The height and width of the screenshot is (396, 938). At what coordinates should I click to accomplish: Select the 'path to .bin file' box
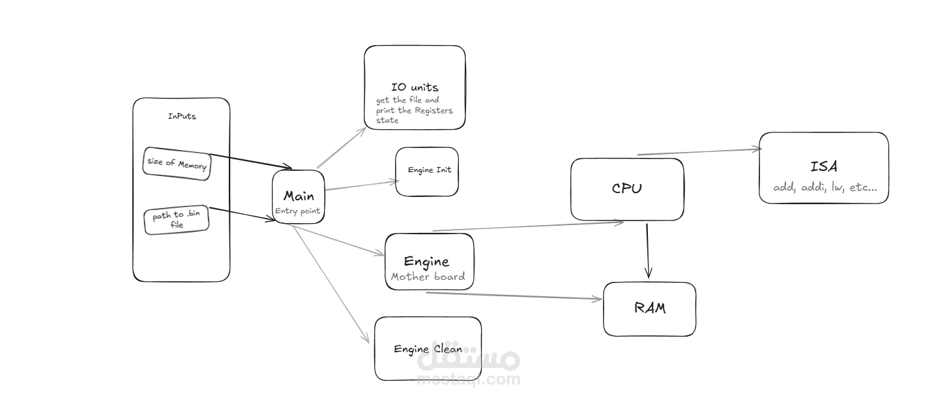[176, 220]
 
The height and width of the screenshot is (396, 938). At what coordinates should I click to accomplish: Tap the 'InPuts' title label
[182, 117]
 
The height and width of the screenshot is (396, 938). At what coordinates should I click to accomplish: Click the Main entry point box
[299, 196]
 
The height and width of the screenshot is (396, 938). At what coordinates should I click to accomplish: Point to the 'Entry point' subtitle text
[298, 211]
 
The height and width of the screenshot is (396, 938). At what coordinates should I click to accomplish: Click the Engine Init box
[427, 170]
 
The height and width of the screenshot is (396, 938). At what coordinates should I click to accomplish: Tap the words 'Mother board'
[428, 277]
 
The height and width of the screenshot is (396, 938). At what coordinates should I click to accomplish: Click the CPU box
[627, 189]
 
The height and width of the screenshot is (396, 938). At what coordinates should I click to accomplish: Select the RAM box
[649, 308]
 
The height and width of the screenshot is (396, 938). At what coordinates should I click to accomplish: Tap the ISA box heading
[823, 166]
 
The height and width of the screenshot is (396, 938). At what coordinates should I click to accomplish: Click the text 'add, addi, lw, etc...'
[825, 187]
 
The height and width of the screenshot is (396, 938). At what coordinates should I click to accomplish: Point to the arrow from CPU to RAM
[647, 251]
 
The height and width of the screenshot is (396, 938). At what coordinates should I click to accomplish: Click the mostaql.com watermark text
[468, 379]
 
